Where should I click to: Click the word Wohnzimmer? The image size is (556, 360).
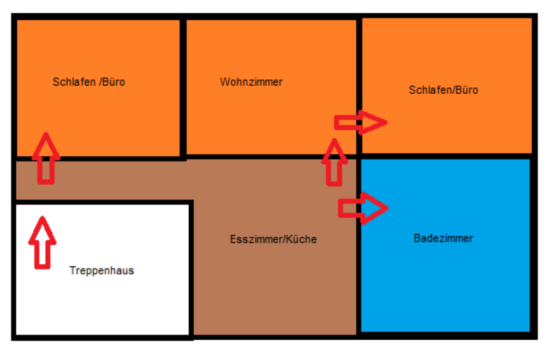(x=251, y=82)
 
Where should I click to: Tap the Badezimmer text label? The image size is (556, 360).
(x=444, y=238)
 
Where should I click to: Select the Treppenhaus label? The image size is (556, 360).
(x=101, y=270)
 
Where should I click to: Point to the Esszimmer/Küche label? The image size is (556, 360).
(x=273, y=239)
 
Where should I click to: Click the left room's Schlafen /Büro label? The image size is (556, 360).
(x=89, y=82)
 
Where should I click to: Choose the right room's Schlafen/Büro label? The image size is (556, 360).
(x=444, y=90)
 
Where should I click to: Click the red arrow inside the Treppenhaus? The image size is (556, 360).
(x=42, y=243)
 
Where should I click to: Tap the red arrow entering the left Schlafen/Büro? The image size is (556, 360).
(x=46, y=159)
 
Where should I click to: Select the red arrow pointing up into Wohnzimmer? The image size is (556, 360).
(x=334, y=163)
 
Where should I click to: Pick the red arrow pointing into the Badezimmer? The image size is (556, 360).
(x=362, y=207)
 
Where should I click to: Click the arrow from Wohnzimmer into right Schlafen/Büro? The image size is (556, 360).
(x=360, y=122)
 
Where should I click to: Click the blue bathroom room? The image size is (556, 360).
(x=446, y=278)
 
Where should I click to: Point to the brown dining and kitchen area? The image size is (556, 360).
(x=272, y=289)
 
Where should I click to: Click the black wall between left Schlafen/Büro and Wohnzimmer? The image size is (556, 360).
(x=183, y=87)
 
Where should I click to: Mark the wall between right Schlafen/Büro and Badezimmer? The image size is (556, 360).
(x=446, y=156)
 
